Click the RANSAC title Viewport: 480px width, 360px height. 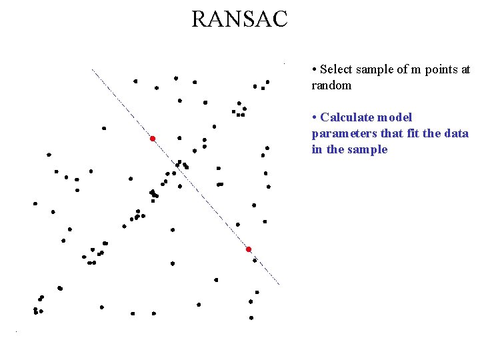[239, 19]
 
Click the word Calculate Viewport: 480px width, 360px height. [346, 117]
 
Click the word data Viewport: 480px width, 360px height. [457, 133]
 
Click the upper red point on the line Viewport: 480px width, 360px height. [153, 139]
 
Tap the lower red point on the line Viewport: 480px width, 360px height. [249, 249]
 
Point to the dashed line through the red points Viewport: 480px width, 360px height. [200, 193]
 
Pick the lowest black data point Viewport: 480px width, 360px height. [251, 318]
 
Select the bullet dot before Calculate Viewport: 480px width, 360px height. [314, 118]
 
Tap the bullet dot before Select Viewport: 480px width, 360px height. [314, 70]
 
